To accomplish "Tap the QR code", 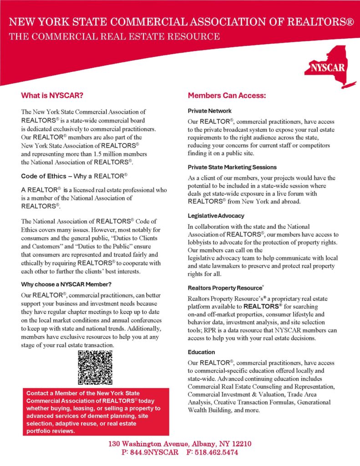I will [95, 368].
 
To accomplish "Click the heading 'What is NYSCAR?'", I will [52, 96].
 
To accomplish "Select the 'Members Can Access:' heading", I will [227, 96].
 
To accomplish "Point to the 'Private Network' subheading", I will [209, 111].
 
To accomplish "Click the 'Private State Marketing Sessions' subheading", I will [232, 167].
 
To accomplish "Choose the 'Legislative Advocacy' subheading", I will [216, 215].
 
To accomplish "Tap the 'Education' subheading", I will [201, 352].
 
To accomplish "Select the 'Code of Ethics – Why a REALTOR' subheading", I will [74, 176].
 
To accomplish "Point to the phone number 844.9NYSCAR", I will [152, 453].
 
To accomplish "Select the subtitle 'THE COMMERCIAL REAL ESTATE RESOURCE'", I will [114, 36].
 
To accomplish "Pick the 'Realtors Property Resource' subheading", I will [225, 288].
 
